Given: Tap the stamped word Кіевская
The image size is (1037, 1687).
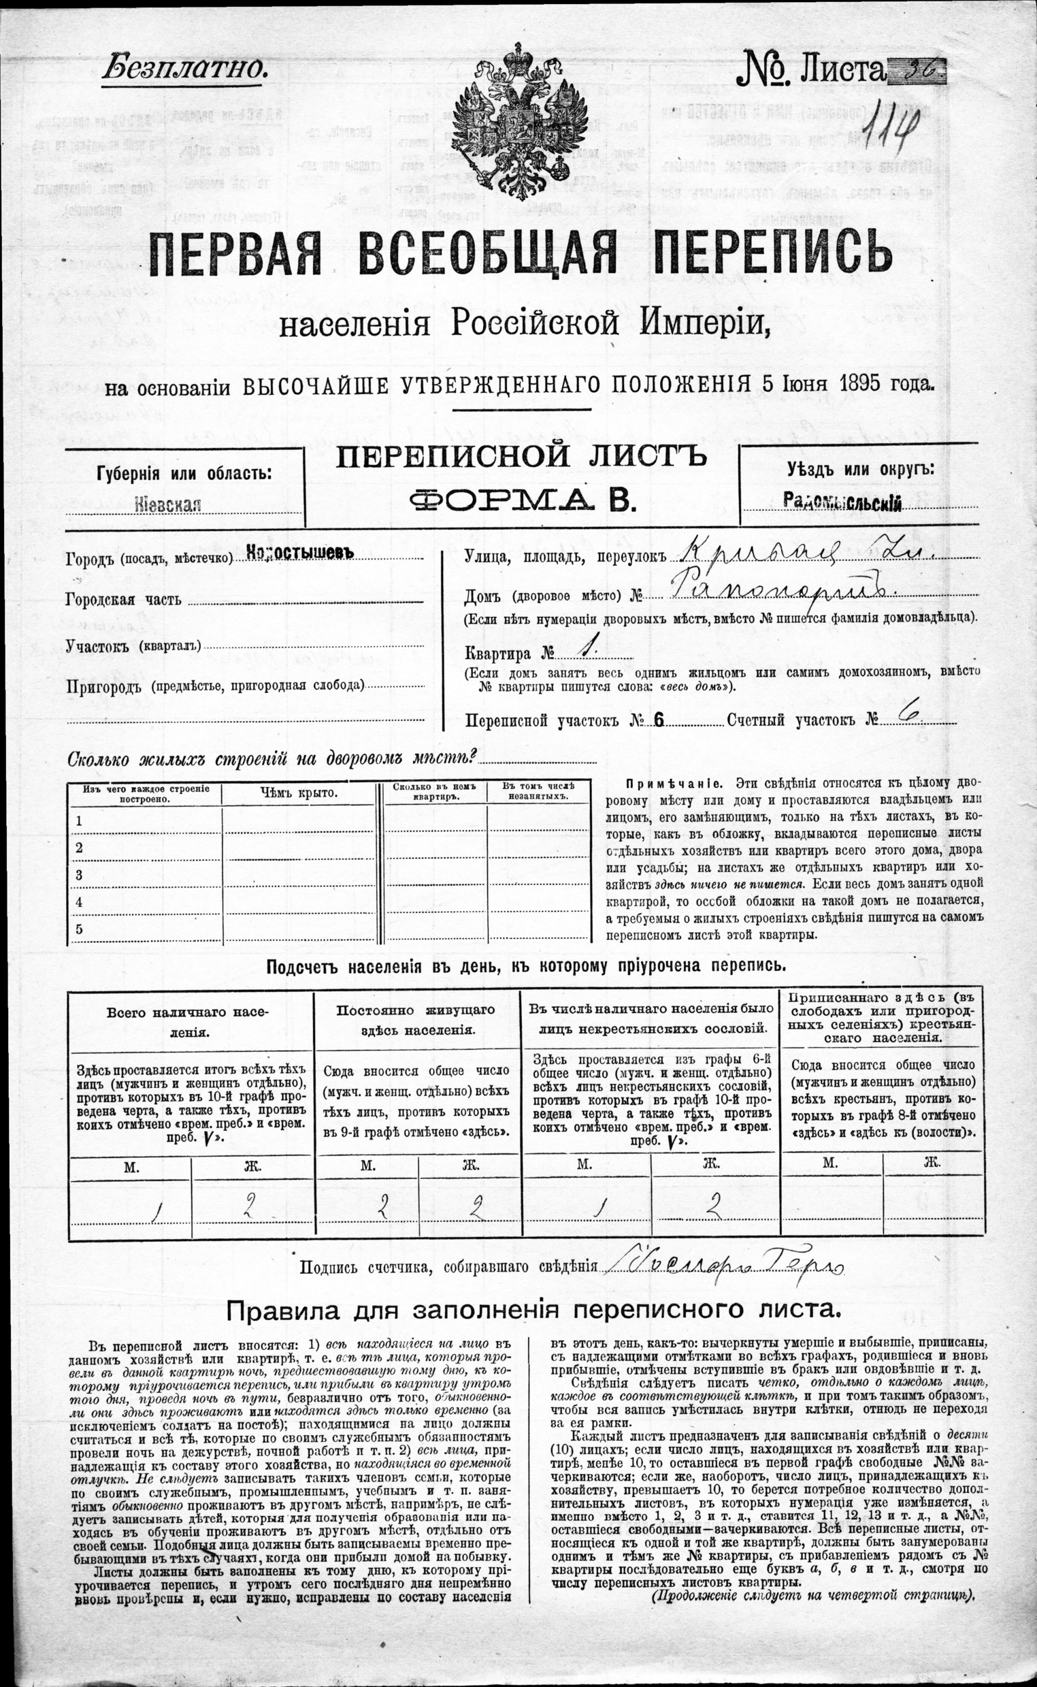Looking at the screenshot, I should click(x=169, y=506).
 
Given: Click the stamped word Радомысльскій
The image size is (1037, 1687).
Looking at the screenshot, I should click(x=842, y=503).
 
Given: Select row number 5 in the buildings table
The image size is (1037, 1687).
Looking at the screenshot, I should click(x=80, y=929).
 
